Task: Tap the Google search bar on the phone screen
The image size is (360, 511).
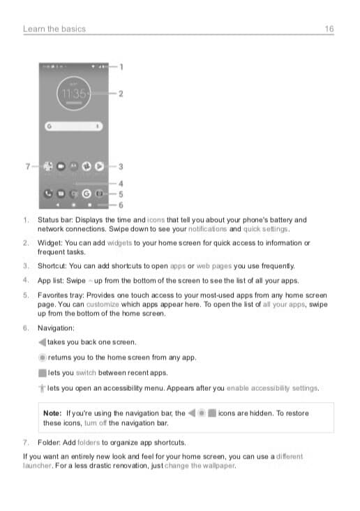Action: (74, 127)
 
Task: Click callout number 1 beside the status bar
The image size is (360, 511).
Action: (121, 67)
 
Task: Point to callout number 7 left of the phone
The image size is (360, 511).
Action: (27, 167)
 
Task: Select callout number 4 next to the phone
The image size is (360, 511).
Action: (121, 184)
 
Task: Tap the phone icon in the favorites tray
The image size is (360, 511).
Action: (48, 193)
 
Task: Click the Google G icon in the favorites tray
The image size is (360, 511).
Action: (87, 193)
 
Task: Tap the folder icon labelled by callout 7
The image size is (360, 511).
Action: (48, 167)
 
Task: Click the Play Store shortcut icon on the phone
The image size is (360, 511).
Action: (100, 167)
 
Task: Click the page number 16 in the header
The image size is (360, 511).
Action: (329, 29)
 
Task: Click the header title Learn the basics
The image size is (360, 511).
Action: (54, 29)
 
